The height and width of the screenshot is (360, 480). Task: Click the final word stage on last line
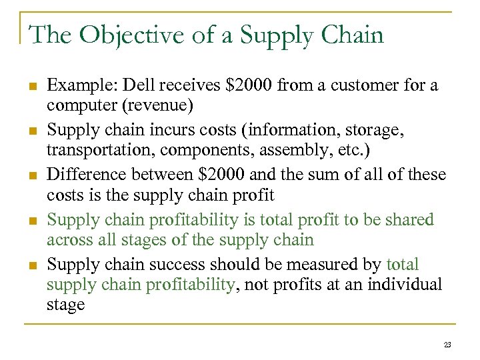(x=65, y=305)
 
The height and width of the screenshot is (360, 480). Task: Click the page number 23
(x=447, y=345)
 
